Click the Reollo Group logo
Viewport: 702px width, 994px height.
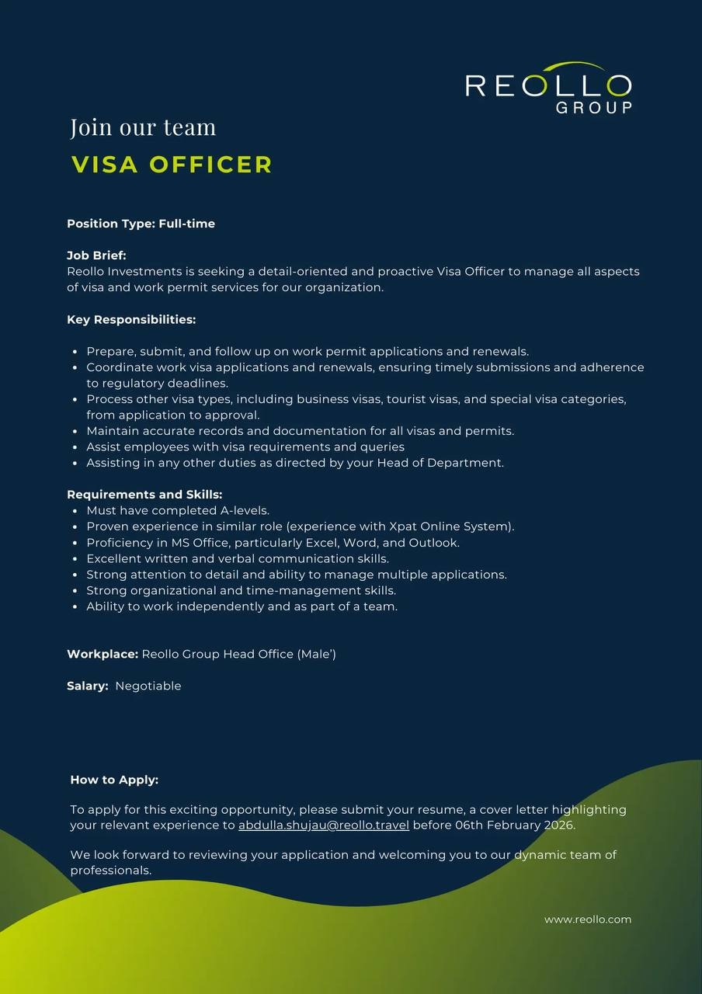click(548, 88)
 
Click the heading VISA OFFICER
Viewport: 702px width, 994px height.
click(172, 165)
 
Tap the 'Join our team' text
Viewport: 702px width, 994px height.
click(143, 127)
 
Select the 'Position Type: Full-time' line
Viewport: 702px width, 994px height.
click(141, 224)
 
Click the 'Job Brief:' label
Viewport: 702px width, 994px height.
click(96, 255)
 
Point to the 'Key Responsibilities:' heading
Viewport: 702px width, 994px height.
click(131, 319)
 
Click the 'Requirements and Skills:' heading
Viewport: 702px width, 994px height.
click(144, 495)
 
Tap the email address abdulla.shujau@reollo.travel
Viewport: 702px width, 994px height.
click(323, 825)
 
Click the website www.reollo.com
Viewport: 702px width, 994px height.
click(587, 919)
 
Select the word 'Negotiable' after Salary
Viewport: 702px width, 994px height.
click(148, 686)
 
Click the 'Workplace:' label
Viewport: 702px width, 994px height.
click(103, 654)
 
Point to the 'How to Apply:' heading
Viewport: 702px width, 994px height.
click(114, 780)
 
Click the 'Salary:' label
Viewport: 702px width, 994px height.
click(87, 686)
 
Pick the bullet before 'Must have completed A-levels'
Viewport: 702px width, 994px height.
click(75, 511)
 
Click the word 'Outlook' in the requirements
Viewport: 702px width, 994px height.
click(433, 543)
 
